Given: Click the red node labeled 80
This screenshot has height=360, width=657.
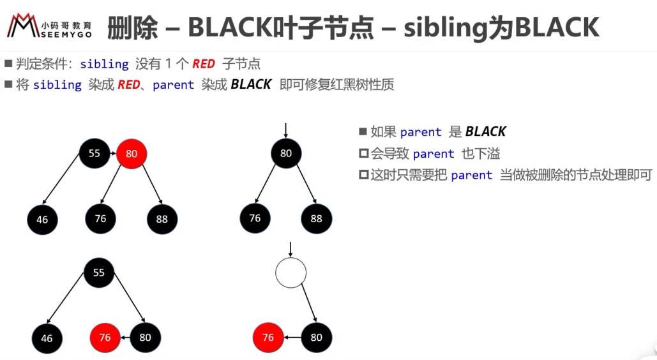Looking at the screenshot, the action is pos(132,154).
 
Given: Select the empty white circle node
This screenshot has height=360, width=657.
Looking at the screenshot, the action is pos(291,273).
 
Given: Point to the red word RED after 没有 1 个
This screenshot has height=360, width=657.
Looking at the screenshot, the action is pos(204,64).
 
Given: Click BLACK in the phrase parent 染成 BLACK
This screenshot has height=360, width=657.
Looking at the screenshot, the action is pos(251,84).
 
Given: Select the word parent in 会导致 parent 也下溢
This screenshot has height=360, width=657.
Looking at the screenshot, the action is pos(434,154).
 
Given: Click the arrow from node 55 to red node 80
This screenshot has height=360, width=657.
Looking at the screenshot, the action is pos(113,153).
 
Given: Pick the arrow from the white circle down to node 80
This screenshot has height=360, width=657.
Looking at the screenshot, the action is pos(309,303).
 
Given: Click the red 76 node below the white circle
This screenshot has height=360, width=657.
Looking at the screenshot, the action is pos(268,338).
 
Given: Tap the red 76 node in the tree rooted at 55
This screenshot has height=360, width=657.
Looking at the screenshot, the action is pos(105,338).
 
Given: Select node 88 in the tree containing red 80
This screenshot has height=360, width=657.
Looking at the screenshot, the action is pos(162,219).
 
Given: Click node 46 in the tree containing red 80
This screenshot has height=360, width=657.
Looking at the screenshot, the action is pos(42,220).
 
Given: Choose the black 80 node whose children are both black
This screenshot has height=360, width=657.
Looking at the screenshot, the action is pos(286,153).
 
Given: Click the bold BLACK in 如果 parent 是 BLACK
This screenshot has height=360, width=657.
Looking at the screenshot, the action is pos(486,131).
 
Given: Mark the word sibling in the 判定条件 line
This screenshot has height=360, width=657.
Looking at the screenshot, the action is pos(104,64).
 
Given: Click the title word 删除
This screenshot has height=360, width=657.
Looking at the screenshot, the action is pos(132,28).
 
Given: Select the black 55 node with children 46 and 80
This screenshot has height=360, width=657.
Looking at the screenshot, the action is pos(99,273).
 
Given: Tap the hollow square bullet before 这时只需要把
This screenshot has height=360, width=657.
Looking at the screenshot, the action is pos(364,175).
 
